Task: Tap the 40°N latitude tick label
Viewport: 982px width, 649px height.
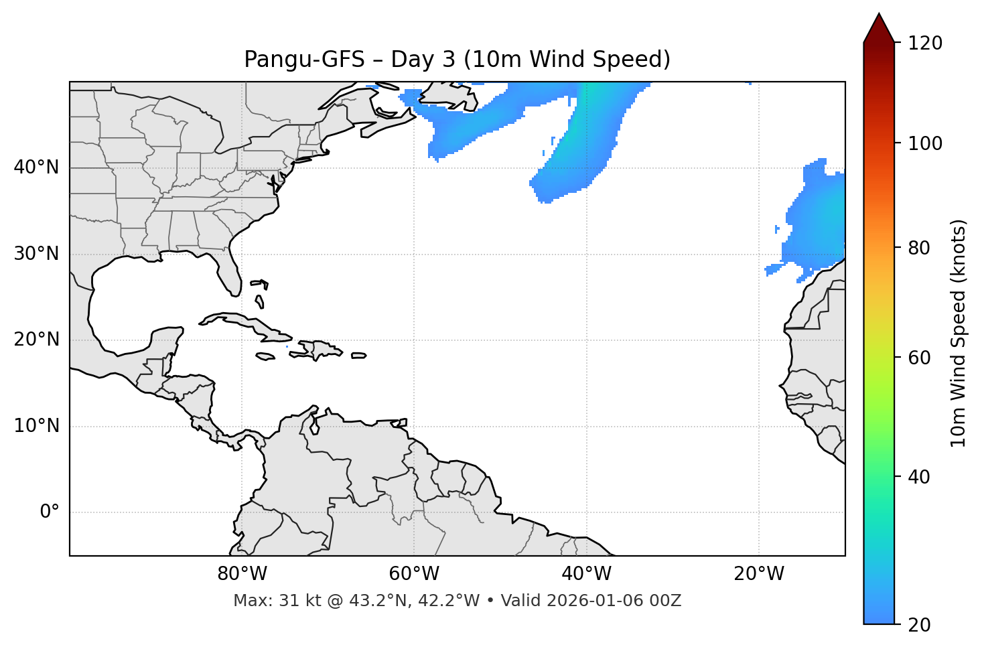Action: (x=36, y=167)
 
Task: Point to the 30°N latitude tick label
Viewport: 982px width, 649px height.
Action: (x=36, y=254)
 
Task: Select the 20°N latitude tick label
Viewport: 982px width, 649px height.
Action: (x=36, y=340)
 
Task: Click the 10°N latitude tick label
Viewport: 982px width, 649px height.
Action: (x=36, y=426)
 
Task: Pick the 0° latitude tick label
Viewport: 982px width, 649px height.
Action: (x=50, y=512)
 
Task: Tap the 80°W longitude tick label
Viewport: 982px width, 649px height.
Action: (x=242, y=574)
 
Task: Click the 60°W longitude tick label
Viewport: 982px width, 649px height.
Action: (x=414, y=574)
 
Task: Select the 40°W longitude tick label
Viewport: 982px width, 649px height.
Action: (x=587, y=574)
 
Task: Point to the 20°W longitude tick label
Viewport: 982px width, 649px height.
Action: (x=759, y=574)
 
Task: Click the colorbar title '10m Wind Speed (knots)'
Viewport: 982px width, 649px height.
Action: (x=959, y=333)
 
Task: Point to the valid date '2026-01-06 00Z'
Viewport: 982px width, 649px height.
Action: (x=614, y=601)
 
